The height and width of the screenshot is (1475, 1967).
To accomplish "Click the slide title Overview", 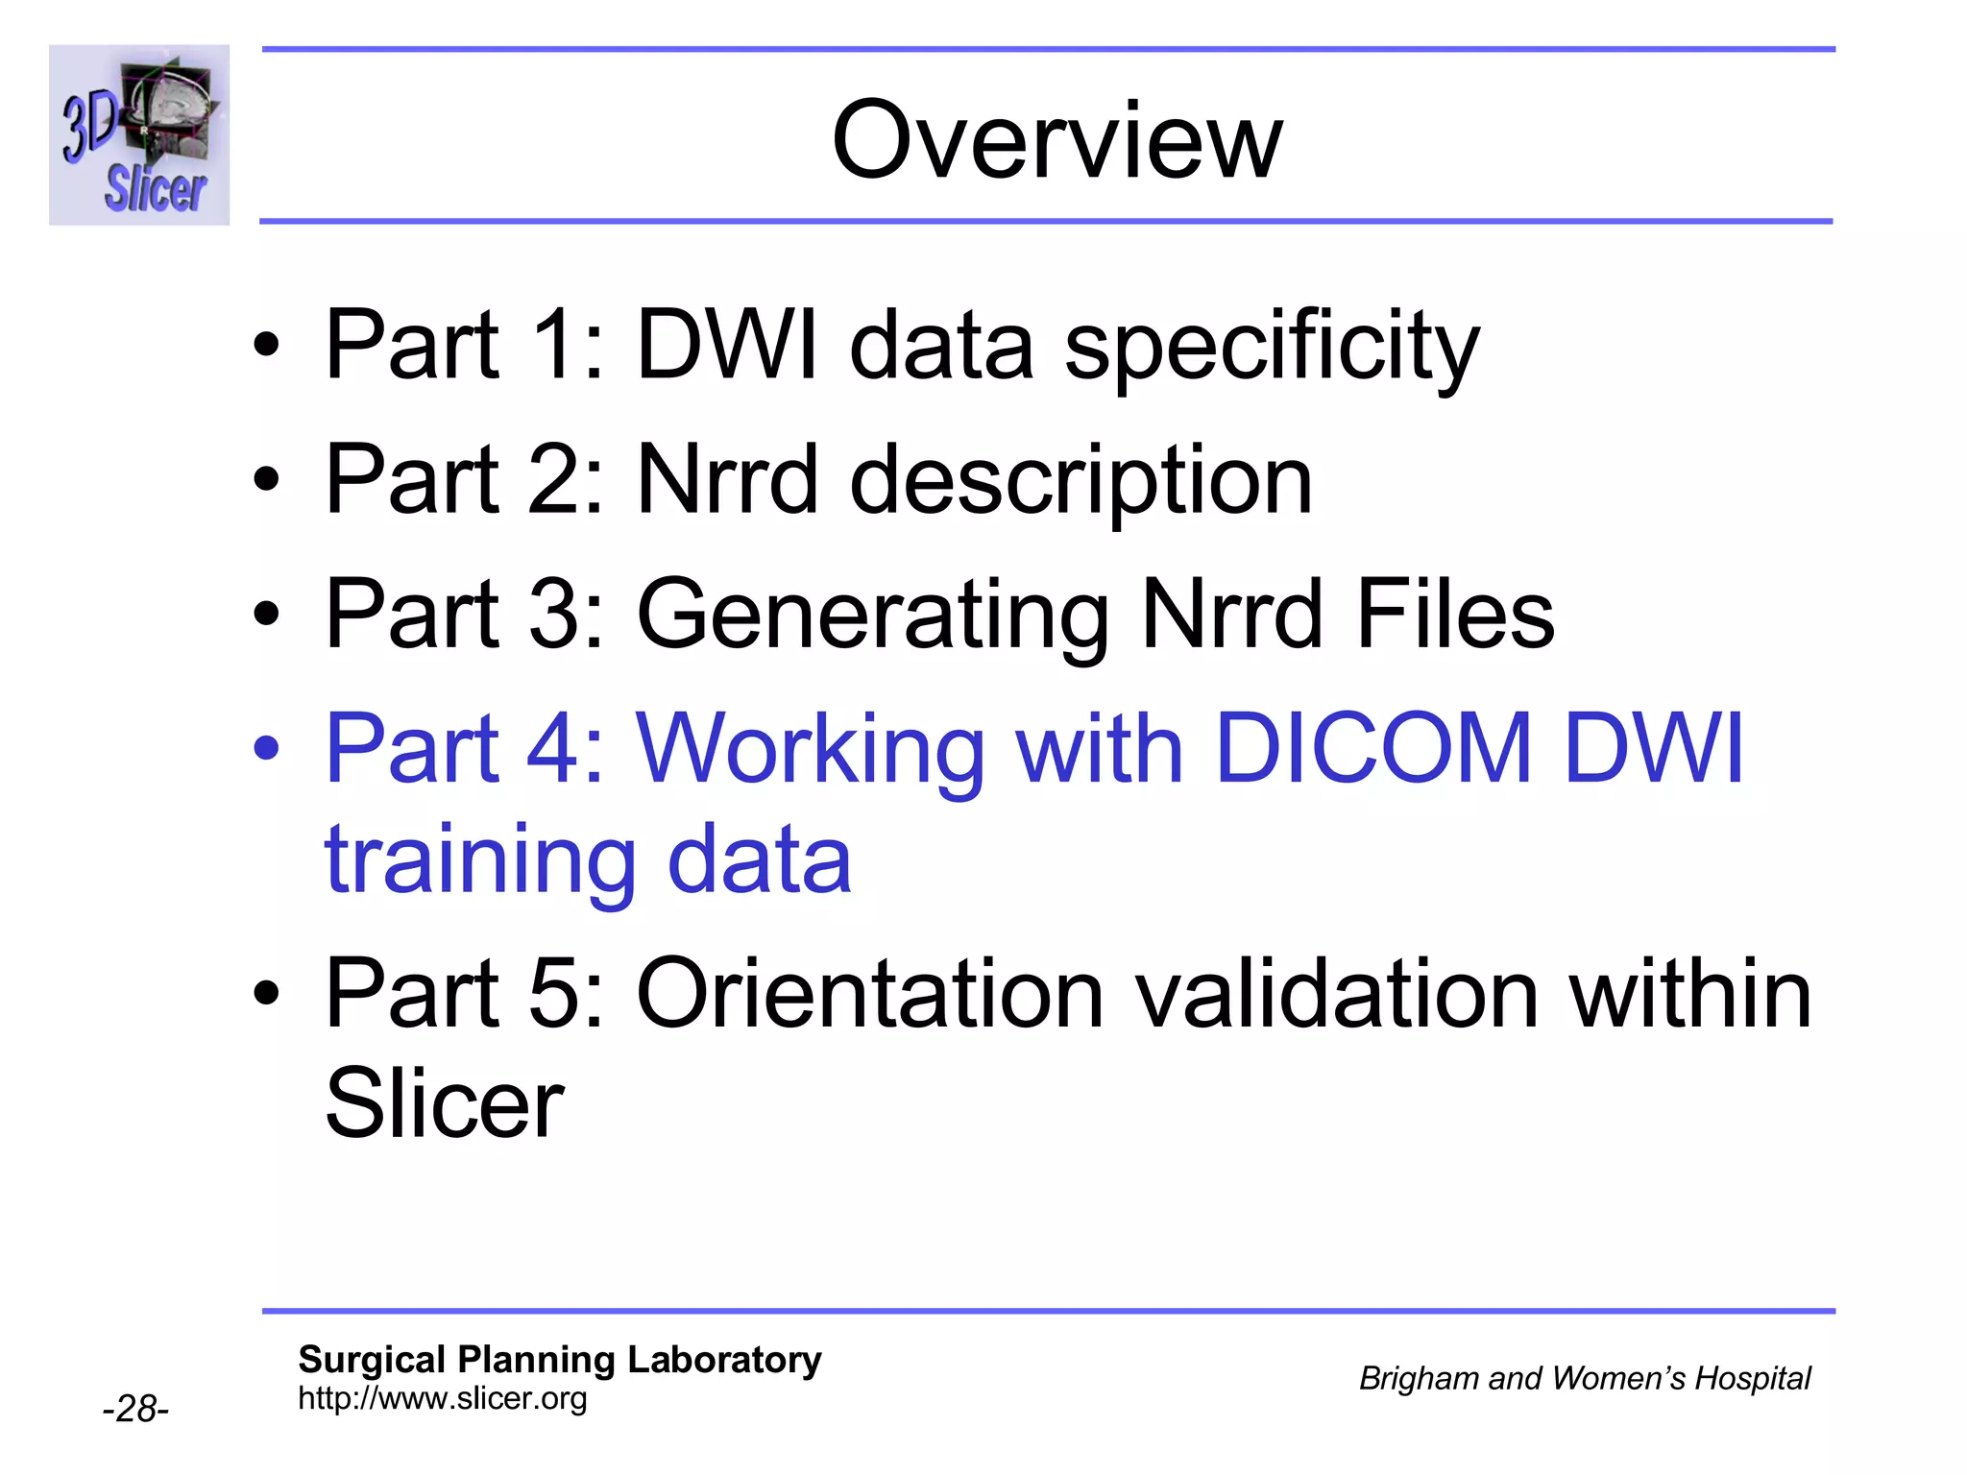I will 1056,142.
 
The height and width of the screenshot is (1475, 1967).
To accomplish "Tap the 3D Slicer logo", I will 139,135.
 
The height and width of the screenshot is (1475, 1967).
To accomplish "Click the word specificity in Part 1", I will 1272,346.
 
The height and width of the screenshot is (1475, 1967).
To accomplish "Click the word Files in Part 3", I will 1454,615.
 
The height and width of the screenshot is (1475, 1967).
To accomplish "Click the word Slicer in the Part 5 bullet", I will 444,1104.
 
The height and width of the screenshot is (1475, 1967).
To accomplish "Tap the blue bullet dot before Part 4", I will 266,749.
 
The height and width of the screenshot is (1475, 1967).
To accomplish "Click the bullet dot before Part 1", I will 266,346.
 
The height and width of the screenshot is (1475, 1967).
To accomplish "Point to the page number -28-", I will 135,1409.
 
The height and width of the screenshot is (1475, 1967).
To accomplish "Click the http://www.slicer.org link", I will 442,1398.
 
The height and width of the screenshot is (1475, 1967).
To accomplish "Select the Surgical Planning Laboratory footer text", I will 560,1360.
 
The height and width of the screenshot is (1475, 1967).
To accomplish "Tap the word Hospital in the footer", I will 1752,1378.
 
